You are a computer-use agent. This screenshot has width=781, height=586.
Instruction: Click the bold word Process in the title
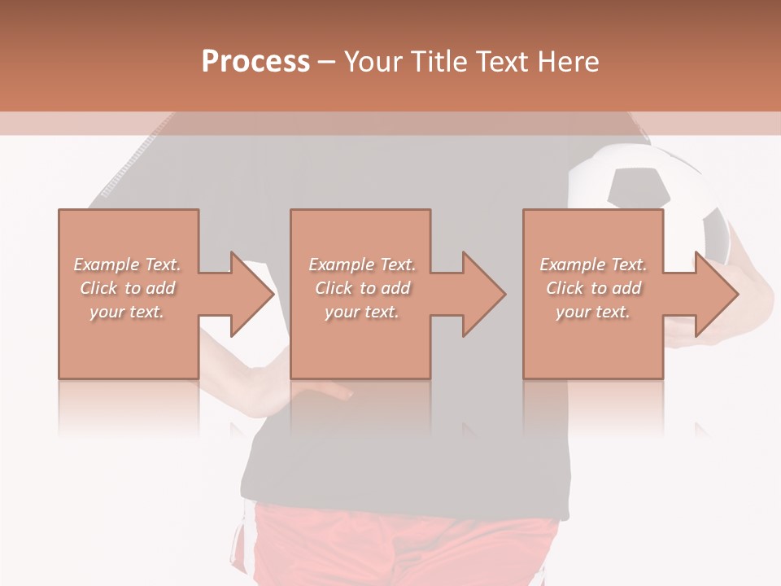click(255, 62)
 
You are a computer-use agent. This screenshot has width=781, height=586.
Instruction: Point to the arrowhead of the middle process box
click(484, 294)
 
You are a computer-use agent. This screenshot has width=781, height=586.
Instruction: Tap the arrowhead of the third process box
click(717, 294)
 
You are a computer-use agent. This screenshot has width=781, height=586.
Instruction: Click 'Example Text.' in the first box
click(127, 265)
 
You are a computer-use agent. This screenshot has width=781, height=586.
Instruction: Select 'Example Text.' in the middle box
click(361, 265)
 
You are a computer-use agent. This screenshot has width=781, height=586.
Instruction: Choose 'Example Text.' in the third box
click(593, 265)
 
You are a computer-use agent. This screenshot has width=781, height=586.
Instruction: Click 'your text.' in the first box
click(127, 312)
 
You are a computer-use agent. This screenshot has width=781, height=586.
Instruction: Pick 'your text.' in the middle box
click(361, 312)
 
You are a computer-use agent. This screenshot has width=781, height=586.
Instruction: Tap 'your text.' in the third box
click(593, 312)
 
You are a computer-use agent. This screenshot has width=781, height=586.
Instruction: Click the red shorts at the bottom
click(407, 549)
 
